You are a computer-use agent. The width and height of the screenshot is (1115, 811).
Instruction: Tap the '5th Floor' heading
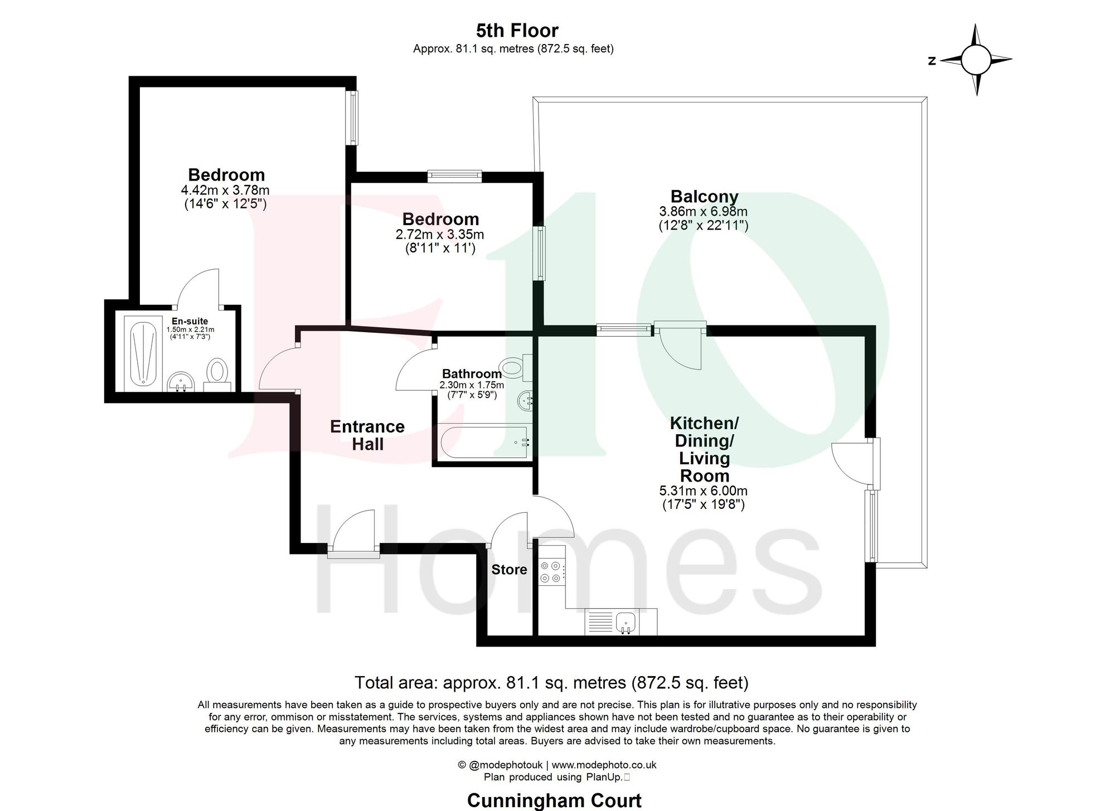[517, 30]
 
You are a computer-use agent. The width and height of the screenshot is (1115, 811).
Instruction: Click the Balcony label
[704, 196]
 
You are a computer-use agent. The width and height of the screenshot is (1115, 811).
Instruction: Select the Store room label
[509, 569]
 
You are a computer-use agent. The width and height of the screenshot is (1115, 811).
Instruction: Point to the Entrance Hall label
[367, 435]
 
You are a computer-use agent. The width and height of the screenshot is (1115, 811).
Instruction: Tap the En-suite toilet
[217, 372]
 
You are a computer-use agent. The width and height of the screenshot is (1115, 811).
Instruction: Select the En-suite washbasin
[181, 382]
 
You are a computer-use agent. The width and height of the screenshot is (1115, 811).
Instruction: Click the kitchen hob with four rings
[551, 572]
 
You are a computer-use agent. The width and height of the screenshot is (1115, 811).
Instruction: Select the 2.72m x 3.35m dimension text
[439, 235]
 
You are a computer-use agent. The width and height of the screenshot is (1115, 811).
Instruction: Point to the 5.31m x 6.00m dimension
[703, 491]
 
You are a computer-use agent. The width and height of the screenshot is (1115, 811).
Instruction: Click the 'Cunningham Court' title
[554, 800]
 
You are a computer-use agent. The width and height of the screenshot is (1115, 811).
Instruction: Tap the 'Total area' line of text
[551, 682]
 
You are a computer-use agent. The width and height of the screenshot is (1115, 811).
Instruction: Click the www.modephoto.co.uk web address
[604, 765]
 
